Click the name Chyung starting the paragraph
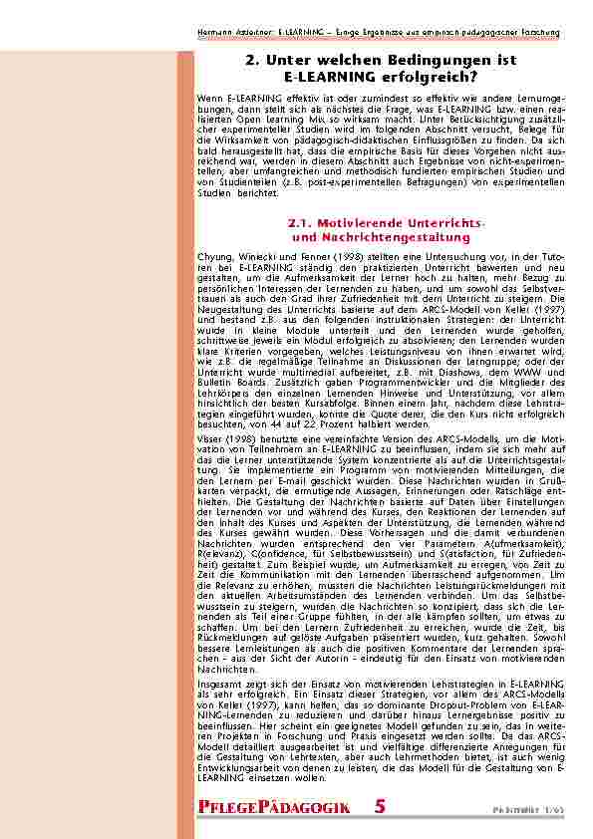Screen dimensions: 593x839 (215, 256)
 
